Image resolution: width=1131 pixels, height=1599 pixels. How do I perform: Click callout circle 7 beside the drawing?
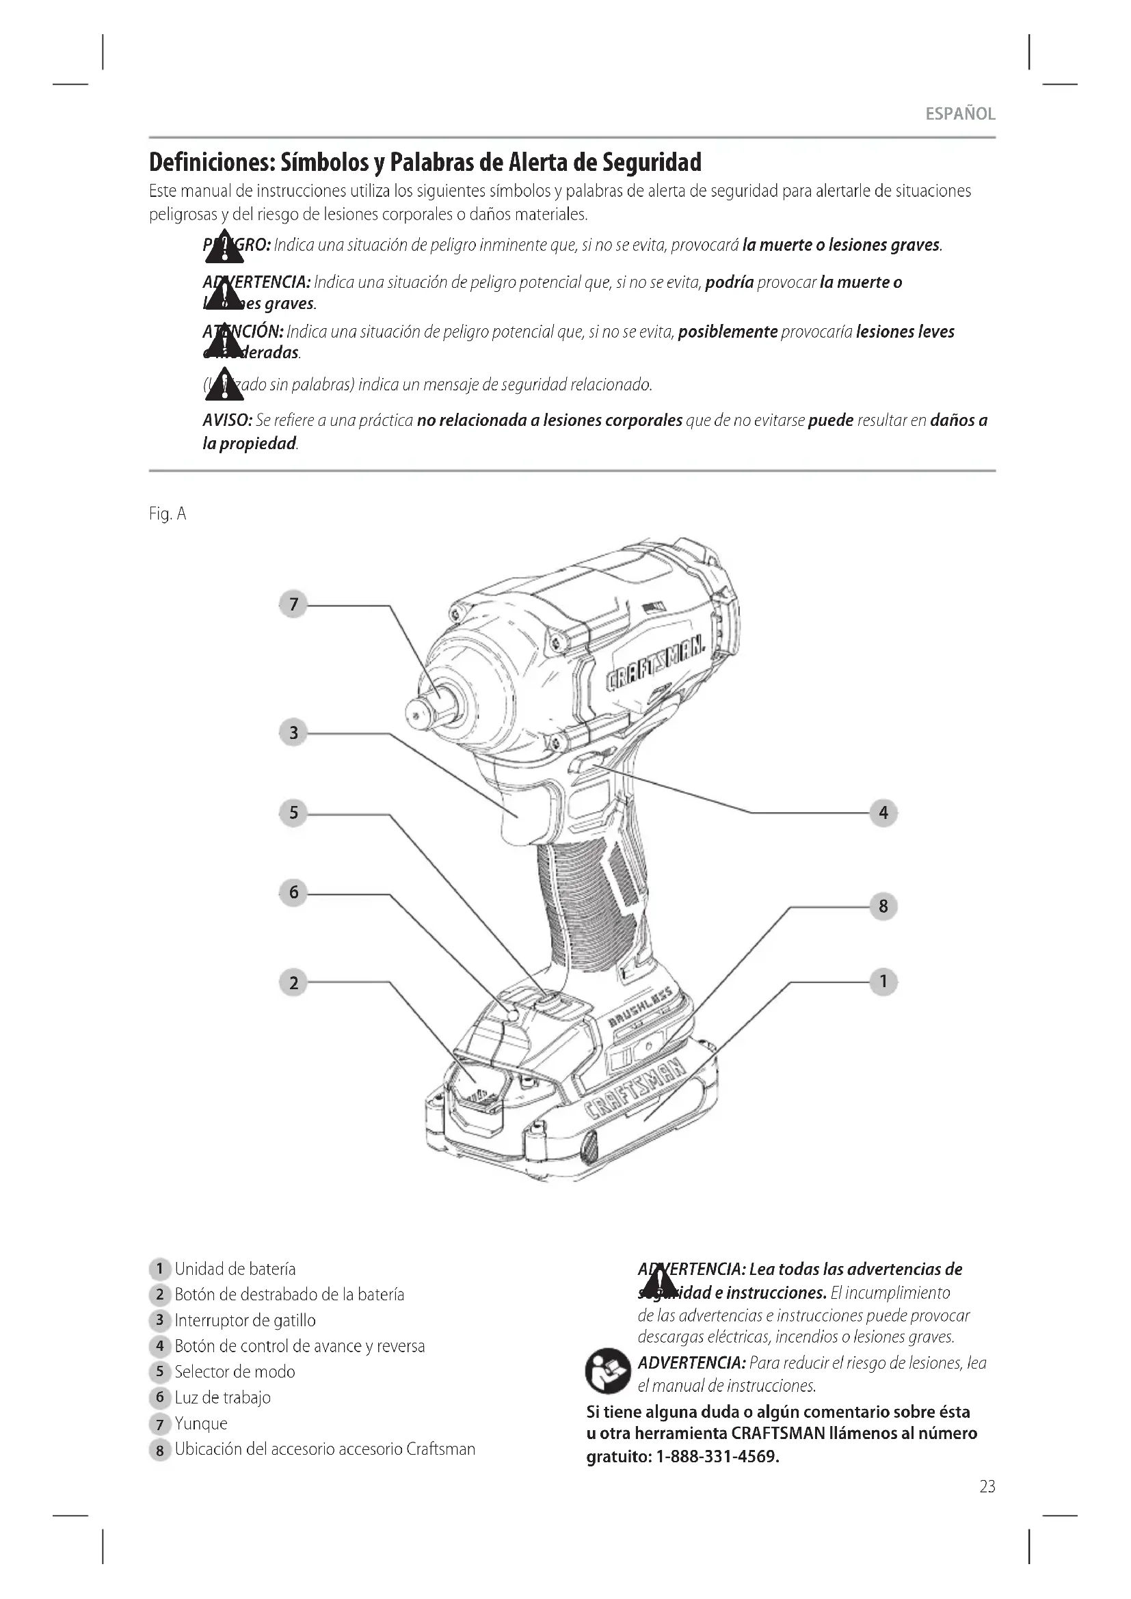293,604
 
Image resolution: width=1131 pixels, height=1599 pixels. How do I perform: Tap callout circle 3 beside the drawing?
293,733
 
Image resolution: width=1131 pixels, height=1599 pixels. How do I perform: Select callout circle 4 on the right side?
883,813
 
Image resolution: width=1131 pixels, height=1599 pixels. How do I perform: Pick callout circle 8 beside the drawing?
883,906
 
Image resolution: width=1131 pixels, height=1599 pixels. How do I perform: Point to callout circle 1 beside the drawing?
883,981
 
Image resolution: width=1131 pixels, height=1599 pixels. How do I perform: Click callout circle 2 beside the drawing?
293,982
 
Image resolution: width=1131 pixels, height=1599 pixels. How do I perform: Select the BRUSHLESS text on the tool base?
641,1008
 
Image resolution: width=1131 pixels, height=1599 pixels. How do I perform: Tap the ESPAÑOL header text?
959,114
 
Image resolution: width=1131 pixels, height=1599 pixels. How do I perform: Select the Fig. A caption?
168,514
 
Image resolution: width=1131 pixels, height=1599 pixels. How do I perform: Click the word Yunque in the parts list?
200,1423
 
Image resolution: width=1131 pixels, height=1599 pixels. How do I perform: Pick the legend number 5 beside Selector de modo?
159,1372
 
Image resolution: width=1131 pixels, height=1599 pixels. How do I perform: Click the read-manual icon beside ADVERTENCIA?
607,1372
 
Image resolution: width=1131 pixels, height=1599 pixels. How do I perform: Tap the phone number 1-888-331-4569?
717,1456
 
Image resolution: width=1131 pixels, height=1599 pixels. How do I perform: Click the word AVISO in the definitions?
227,420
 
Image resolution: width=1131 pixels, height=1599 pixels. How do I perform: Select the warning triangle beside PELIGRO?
224,247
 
